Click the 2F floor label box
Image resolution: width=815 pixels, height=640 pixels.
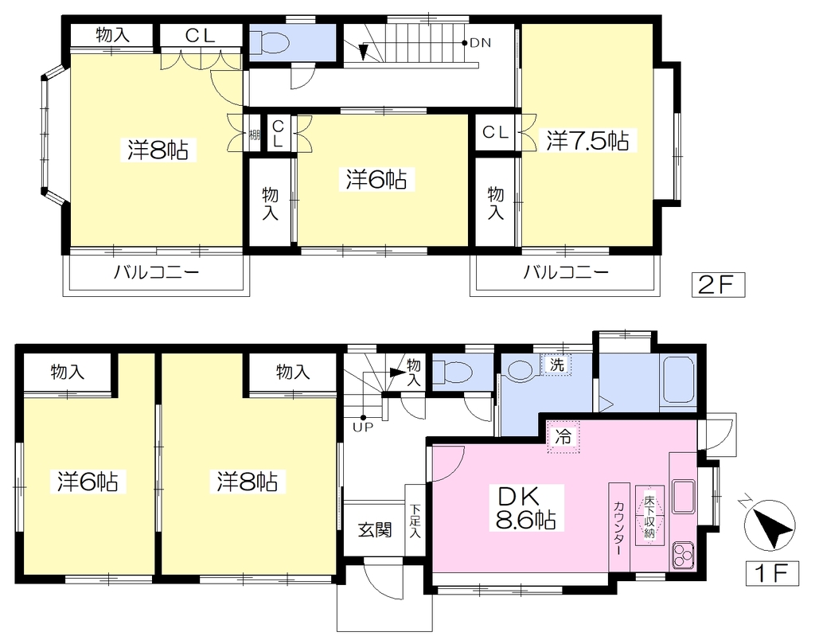[718, 285]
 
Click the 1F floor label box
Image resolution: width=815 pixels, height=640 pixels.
[771, 573]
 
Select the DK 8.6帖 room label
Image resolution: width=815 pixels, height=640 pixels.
[526, 508]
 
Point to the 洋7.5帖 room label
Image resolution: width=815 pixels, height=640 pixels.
[587, 140]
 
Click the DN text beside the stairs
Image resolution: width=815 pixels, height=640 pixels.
[480, 43]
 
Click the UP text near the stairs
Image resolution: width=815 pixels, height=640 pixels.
[362, 428]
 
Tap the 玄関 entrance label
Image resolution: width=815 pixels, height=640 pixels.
[374, 530]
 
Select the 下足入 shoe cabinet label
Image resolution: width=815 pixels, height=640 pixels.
[415, 521]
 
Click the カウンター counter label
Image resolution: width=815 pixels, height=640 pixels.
[618, 527]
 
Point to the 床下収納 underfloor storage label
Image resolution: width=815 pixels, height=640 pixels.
[649, 517]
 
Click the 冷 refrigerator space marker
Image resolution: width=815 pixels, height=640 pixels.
[563, 437]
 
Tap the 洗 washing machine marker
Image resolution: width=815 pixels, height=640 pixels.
[556, 365]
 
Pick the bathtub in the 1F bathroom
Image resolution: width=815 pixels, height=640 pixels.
[680, 379]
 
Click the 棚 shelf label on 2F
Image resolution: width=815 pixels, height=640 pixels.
[254, 135]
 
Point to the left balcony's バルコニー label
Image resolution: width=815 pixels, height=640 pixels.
[157, 272]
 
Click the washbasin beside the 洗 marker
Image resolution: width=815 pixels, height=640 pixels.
[521, 370]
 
